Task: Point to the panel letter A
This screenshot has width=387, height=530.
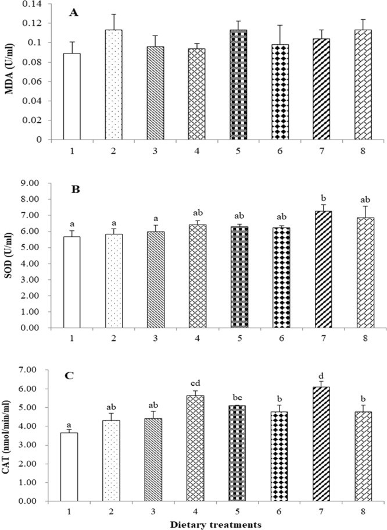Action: pyautogui.click(x=71, y=15)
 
